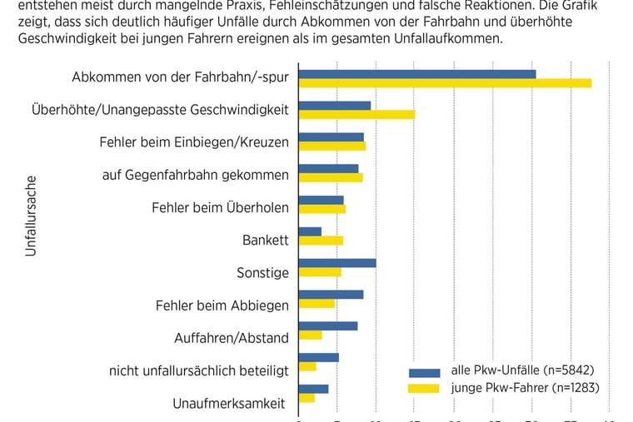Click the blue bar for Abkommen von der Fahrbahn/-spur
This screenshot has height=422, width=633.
[x=417, y=74]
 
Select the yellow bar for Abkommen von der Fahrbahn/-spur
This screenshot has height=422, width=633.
[x=445, y=83]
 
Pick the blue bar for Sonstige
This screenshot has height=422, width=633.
[x=337, y=263]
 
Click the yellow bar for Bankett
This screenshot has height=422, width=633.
[x=321, y=241]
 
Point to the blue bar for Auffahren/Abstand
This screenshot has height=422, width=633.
[x=328, y=325]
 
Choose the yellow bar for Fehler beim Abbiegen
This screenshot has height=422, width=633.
[x=316, y=303]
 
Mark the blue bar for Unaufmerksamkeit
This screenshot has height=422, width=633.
[x=313, y=389]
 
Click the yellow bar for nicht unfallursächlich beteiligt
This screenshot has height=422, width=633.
[x=307, y=366]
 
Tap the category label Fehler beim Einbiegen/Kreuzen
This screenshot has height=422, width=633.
[x=194, y=142]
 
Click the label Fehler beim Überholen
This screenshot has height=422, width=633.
[x=220, y=207]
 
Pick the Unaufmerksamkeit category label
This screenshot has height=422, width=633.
[x=228, y=404]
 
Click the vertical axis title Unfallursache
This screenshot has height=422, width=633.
[x=31, y=215]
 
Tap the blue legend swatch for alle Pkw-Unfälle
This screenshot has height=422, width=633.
[x=424, y=373]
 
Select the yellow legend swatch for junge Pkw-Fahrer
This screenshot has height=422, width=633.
[x=424, y=388]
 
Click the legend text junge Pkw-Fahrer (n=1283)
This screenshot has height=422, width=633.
[x=525, y=387]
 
